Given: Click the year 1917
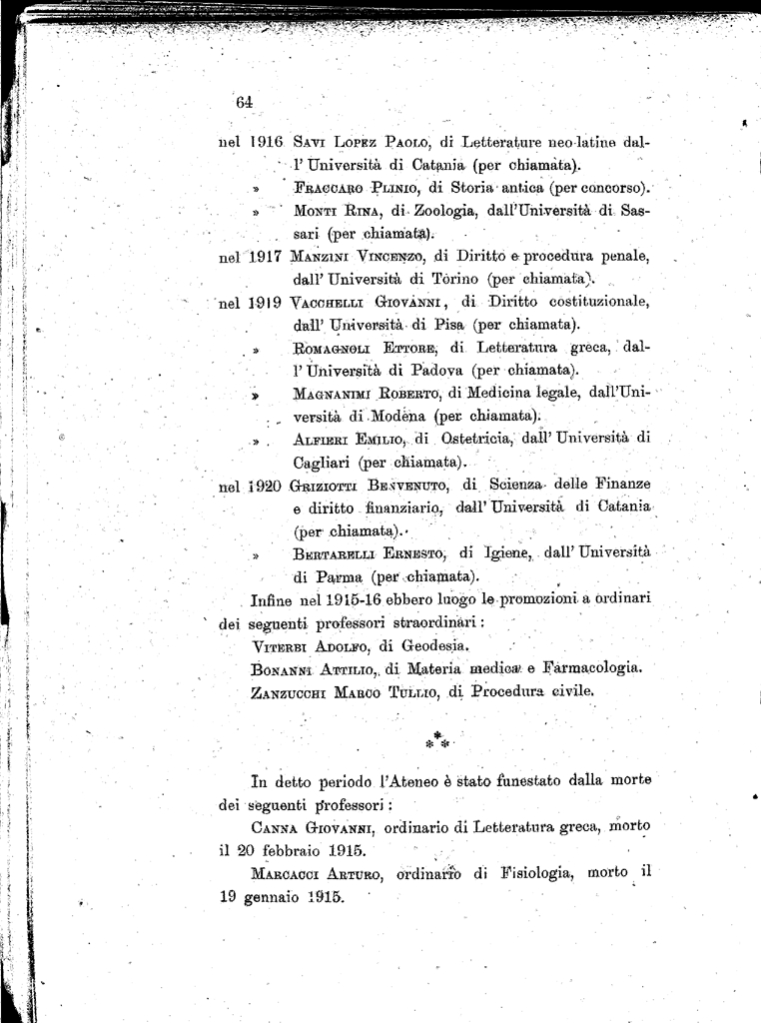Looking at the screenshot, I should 265,256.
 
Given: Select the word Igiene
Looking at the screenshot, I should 508,553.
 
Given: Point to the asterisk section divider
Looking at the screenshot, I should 438,741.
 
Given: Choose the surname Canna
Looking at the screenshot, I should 276,828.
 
